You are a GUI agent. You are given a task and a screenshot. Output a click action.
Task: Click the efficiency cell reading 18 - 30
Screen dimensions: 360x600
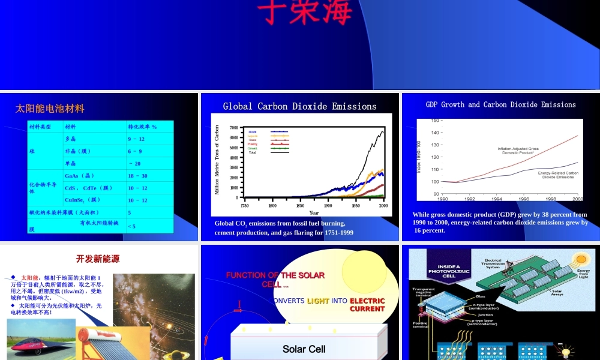click(x=137, y=176)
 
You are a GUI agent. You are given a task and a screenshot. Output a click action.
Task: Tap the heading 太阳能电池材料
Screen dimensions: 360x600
click(x=50, y=109)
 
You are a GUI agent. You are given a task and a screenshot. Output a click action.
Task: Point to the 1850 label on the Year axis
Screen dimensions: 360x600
click(x=300, y=205)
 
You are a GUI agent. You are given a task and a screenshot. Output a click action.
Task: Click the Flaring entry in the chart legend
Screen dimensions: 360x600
click(x=253, y=144)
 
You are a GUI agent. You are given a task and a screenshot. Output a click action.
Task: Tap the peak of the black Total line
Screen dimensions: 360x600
click(x=382, y=131)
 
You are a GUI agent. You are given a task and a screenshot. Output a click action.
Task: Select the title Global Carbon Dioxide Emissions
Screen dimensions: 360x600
click(x=300, y=106)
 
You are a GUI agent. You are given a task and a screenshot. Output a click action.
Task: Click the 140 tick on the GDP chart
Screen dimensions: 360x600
click(x=435, y=133)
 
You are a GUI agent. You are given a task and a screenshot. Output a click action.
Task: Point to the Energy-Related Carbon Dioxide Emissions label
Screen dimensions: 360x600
click(x=558, y=175)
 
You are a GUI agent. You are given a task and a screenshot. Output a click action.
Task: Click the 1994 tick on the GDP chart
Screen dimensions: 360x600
click(x=497, y=199)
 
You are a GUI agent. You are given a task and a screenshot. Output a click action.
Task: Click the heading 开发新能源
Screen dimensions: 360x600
click(x=98, y=259)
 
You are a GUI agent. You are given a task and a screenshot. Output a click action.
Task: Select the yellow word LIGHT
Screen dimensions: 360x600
click(x=318, y=301)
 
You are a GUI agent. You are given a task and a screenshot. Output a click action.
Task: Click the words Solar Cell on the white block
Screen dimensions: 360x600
click(x=304, y=349)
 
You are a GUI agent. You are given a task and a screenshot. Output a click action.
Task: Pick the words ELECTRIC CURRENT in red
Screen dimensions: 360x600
click(x=367, y=305)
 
